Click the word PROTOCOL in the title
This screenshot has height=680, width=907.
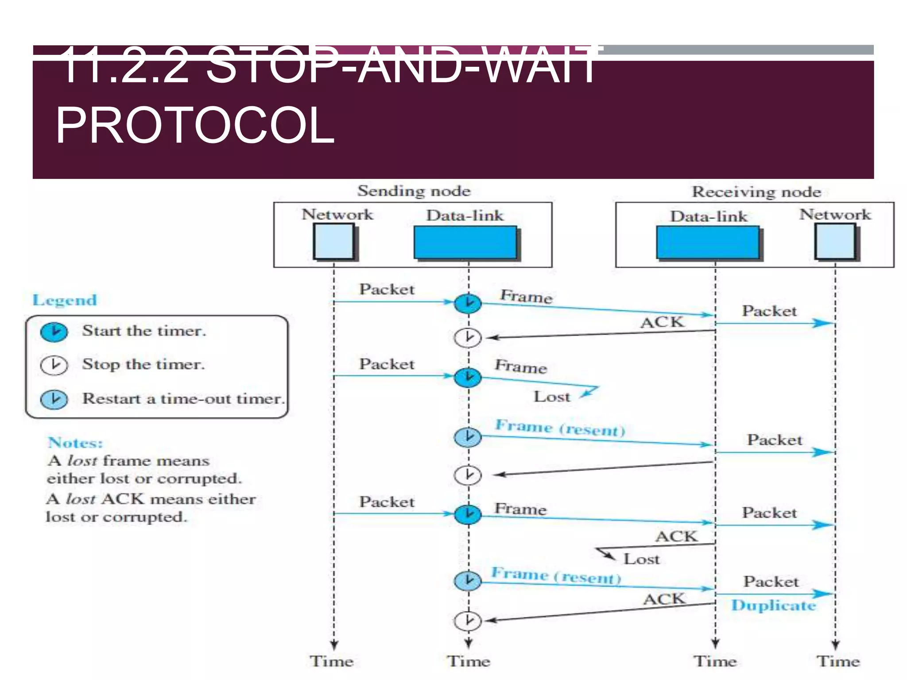[195, 126]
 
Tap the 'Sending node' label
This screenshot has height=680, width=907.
[414, 191]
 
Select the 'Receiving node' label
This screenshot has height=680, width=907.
[756, 192]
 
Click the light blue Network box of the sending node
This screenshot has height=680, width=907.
[333, 241]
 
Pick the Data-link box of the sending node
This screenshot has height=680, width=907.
[465, 242]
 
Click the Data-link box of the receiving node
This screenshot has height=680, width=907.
[707, 243]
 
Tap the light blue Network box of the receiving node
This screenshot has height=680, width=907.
[835, 241]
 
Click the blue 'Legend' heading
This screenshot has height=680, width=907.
[65, 300]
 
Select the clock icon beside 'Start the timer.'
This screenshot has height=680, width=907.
[54, 332]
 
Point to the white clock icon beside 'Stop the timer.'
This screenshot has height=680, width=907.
[54, 365]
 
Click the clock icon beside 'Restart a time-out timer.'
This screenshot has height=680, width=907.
[54, 399]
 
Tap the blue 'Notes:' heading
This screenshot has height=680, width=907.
[75, 443]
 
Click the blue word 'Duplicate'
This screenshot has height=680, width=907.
[773, 605]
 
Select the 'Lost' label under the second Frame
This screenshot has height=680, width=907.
[551, 397]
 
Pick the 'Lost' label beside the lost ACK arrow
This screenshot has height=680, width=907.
[641, 559]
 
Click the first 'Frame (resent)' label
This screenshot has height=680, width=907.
[560, 428]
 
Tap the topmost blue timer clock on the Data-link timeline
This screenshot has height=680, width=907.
[468, 304]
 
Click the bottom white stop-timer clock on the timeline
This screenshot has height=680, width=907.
[468, 620]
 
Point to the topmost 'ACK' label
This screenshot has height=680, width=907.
[662, 322]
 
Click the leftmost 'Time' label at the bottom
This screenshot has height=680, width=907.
[331, 661]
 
